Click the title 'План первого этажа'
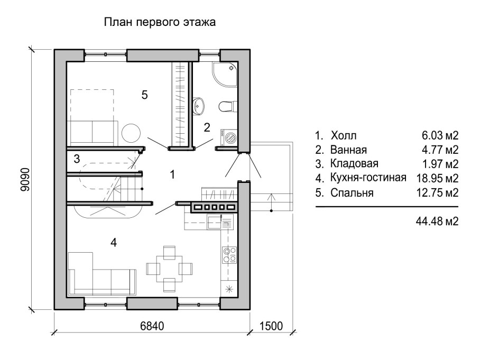pyautogui.click(x=160, y=23)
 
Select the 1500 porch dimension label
pyautogui.click(x=271, y=326)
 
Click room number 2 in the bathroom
pyautogui.click(x=207, y=127)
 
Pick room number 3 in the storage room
pyautogui.click(x=77, y=159)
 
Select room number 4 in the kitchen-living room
pyautogui.click(x=113, y=243)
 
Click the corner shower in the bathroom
pyautogui.click(x=225, y=75)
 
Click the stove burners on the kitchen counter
pyautogui.click(x=229, y=255)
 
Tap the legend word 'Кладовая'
pyautogui.click(x=354, y=163)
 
